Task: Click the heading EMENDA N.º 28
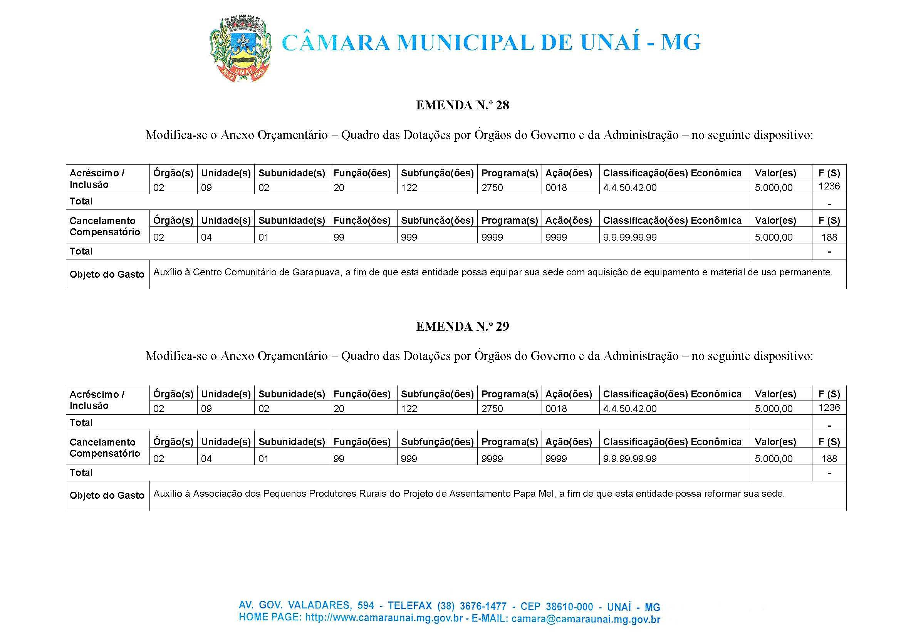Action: click(462, 105)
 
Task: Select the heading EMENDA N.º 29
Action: click(462, 326)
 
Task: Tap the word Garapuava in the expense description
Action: click(317, 272)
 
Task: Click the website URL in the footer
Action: click(384, 618)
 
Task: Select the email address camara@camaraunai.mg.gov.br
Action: click(586, 619)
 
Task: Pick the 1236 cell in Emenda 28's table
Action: click(829, 186)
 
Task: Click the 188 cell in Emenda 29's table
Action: click(829, 458)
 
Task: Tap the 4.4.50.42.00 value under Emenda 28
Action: click(630, 188)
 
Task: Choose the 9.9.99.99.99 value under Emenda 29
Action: click(630, 459)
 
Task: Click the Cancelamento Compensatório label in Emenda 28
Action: click(105, 226)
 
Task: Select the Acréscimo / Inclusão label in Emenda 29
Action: click(97, 400)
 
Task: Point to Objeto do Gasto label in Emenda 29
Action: click(107, 495)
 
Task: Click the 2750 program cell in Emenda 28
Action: click(492, 188)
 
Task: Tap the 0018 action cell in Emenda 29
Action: click(556, 409)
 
